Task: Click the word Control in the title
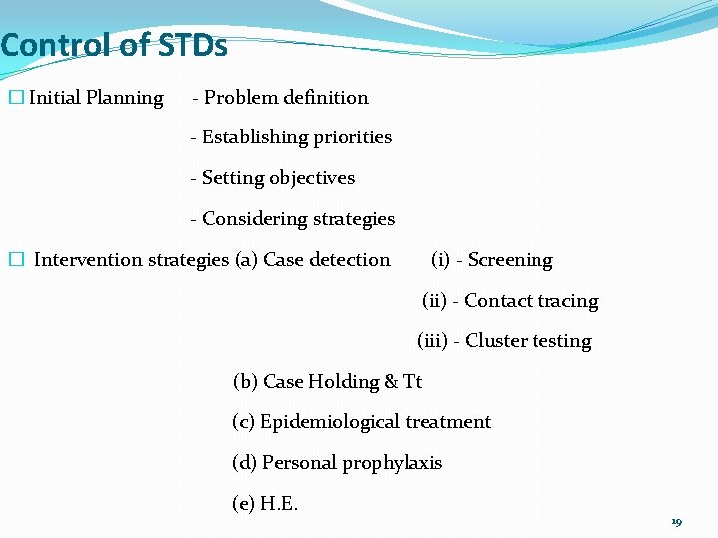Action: (x=55, y=46)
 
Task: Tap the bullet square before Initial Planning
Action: (x=15, y=98)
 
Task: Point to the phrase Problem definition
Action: (x=286, y=98)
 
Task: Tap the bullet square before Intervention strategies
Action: (x=15, y=260)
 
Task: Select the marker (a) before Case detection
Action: (x=246, y=260)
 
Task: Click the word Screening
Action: (x=510, y=260)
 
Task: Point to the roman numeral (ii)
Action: (x=435, y=301)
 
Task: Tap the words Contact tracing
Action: (x=531, y=301)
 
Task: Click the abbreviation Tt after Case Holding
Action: (x=412, y=382)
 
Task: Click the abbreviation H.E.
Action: (x=279, y=504)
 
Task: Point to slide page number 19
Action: (x=676, y=522)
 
